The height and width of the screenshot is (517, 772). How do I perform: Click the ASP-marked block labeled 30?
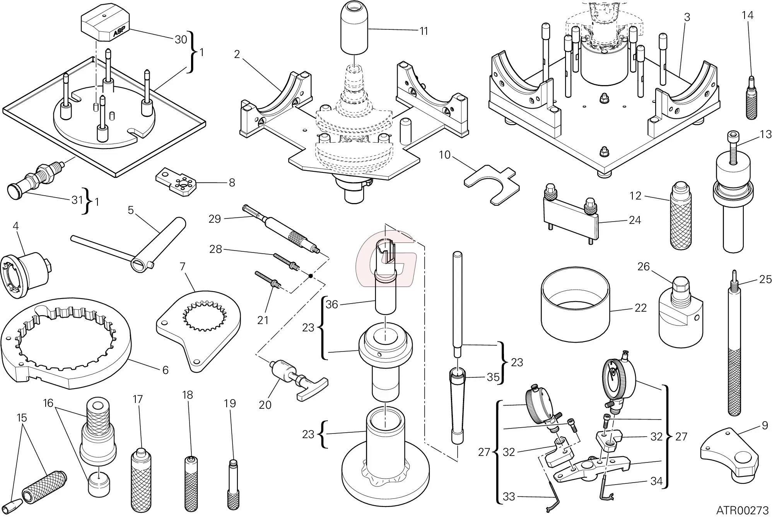104,25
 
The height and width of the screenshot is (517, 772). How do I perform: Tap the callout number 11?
424,31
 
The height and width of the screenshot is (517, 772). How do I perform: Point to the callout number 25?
765,279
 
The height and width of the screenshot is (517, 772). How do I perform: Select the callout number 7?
183,266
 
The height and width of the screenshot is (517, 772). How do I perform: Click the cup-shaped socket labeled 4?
27,275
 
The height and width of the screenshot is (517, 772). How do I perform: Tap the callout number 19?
230,403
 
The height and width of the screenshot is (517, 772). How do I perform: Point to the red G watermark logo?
387,258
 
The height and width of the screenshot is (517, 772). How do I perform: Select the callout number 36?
332,304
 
